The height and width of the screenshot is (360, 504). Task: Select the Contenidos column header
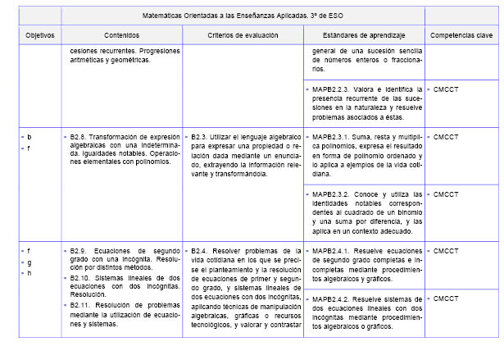pyautogui.click(x=121, y=36)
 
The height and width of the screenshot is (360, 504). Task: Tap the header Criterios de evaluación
pyautogui.click(x=243, y=36)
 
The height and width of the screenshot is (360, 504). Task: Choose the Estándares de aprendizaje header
pyautogui.click(x=363, y=36)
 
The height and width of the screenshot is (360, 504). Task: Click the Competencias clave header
pyautogui.click(x=461, y=36)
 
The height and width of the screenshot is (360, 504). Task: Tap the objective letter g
pyautogui.click(x=29, y=262)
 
